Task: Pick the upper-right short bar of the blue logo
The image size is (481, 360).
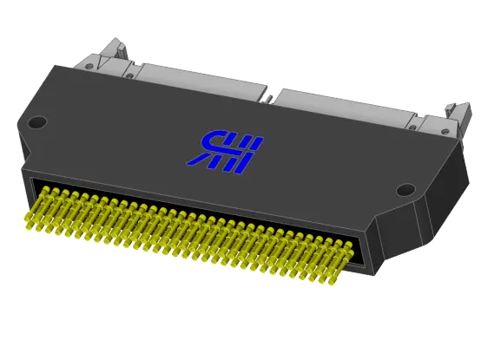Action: coord(252,144)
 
